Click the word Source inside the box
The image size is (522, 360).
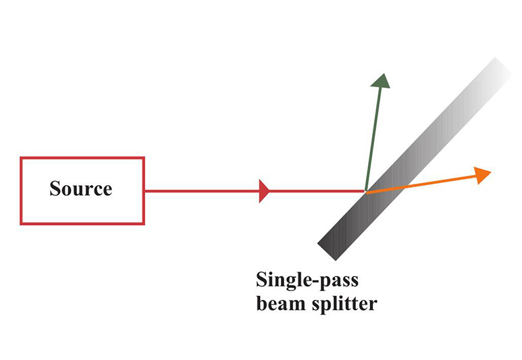[81, 188]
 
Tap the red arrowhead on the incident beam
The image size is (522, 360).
[265, 191]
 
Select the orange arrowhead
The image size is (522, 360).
[483, 174]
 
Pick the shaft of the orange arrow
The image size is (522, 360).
[419, 184]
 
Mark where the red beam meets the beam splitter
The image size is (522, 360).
[365, 191]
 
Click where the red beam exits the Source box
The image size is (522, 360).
[145, 191]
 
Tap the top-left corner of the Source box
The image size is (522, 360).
[22, 159]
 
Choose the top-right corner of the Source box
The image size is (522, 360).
[143, 159]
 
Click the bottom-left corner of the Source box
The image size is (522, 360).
[22, 223]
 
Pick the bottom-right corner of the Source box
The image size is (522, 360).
[143, 223]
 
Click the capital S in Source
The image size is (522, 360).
[55, 188]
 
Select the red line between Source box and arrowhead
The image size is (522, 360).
[203, 191]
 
